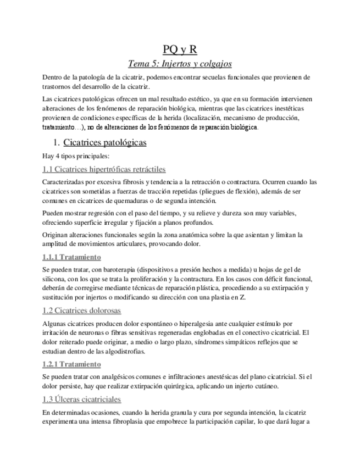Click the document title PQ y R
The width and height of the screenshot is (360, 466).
coord(180,49)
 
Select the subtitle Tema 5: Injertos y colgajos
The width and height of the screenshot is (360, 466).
coord(180,63)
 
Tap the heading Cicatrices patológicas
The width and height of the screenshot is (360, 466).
coord(105,143)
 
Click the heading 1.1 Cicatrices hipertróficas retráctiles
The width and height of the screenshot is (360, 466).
coord(104,169)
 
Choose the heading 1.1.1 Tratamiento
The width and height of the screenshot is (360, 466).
coord(71,257)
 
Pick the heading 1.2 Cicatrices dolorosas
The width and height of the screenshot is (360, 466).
coord(81,310)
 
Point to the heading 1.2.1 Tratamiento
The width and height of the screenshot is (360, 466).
coord(71,364)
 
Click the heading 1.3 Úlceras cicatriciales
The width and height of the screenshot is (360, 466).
coord(81,400)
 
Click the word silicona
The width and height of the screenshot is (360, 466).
coord(54,279)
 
